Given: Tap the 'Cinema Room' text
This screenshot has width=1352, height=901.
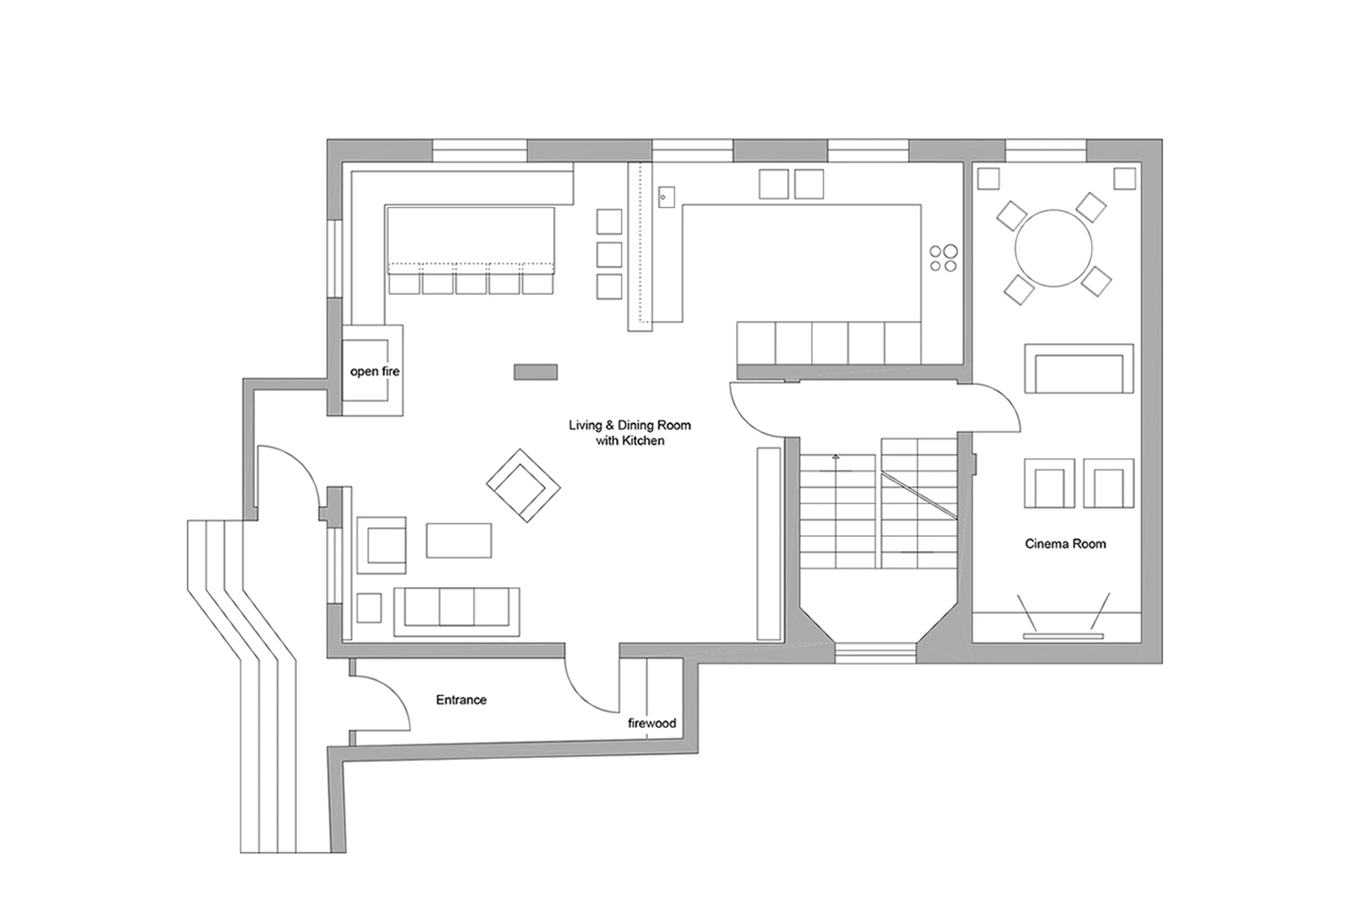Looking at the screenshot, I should point(1065,544).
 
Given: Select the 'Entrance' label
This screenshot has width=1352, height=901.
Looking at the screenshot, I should point(461,700).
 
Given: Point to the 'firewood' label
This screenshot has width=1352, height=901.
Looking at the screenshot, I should point(652,724).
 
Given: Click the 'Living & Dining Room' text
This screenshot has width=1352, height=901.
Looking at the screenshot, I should point(629,426).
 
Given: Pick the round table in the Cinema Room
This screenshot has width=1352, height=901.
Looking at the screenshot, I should point(1053,248).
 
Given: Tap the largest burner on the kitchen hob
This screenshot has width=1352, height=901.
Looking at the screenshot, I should point(950,251).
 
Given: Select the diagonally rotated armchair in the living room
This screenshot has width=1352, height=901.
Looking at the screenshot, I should point(523,486).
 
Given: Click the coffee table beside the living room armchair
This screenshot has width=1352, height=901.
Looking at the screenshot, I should point(458,540).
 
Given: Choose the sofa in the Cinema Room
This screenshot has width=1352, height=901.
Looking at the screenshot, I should point(1078,368).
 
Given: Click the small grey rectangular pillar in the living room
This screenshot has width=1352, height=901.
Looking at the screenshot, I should point(535,372).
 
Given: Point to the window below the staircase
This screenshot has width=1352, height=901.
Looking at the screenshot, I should point(875,653).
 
